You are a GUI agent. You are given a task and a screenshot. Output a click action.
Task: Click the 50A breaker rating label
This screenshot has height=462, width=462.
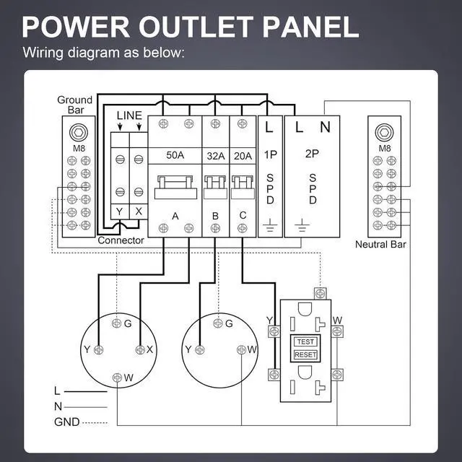(x=175, y=155)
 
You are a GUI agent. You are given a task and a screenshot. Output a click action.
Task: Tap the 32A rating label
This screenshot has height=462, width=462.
(x=215, y=156)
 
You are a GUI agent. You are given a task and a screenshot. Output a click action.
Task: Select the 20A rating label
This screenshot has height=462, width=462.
(x=243, y=156)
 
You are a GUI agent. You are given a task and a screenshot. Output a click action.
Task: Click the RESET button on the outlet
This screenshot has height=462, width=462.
(x=305, y=354)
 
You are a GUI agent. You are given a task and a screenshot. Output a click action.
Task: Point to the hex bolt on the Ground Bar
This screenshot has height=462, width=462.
(x=79, y=132)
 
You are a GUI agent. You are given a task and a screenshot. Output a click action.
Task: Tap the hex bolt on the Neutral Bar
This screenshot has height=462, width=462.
(x=384, y=132)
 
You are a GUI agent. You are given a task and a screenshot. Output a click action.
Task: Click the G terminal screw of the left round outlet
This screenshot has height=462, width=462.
(x=117, y=323)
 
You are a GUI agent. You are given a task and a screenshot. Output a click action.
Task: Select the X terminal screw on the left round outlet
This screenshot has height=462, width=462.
(x=140, y=349)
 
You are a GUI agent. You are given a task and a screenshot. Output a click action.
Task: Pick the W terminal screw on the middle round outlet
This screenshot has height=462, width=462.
(x=241, y=349)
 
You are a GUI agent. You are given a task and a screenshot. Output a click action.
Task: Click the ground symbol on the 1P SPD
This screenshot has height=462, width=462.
(x=270, y=225)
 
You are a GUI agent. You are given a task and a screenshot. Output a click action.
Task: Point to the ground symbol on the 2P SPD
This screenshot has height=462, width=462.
(x=302, y=225)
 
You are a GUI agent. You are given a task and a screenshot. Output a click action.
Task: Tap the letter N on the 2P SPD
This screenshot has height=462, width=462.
(x=325, y=127)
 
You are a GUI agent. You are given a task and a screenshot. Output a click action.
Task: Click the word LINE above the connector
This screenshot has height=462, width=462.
(x=129, y=115)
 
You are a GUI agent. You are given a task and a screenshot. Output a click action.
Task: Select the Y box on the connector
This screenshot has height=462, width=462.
(x=120, y=212)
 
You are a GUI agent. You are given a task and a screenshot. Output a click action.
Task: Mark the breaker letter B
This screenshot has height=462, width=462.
(x=215, y=216)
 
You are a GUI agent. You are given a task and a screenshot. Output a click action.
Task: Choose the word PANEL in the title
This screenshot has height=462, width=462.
(x=310, y=27)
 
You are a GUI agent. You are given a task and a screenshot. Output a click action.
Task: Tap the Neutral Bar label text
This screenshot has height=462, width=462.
(x=380, y=244)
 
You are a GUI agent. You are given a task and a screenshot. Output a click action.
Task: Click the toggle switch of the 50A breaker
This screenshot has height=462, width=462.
(x=175, y=187)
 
